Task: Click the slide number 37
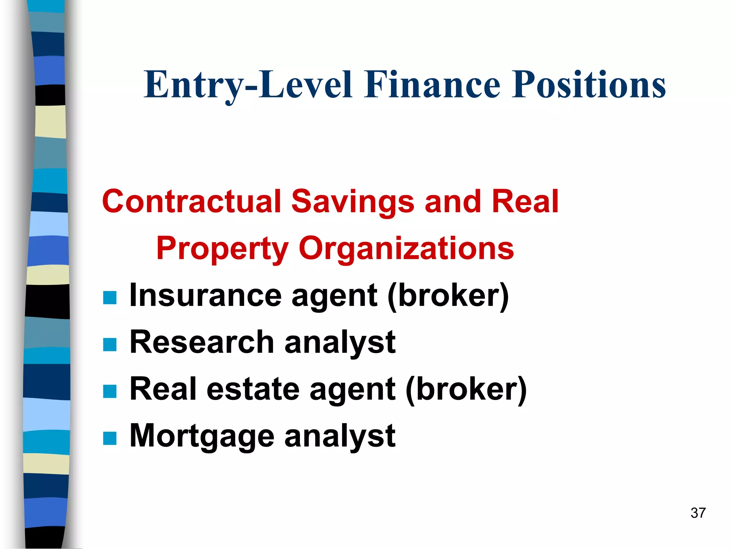tap(698, 513)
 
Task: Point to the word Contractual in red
tap(192, 201)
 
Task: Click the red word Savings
tap(353, 201)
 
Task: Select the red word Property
tap(222, 248)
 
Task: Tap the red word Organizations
tap(406, 248)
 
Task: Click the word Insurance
tap(206, 295)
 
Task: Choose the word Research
tap(201, 342)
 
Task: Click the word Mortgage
tap(201, 436)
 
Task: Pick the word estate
tap(253, 389)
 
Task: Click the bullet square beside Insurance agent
tap(110, 297)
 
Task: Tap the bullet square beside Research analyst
tap(110, 345)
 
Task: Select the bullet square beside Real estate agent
tap(110, 391)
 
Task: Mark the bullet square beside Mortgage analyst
tap(110, 438)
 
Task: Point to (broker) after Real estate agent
tap(466, 390)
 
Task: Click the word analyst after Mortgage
tap(340, 436)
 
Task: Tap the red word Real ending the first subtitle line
tap(525, 201)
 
